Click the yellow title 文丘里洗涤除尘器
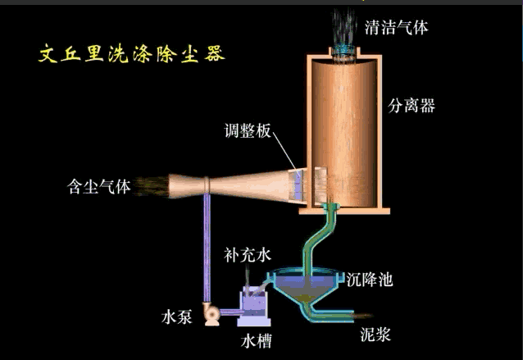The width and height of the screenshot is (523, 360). coord(132,55)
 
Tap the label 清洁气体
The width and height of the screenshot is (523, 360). coord(396,26)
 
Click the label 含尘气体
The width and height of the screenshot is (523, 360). coord(98,186)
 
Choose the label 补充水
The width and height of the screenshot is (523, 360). coord(247,255)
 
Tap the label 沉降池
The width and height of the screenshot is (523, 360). coord(370,280)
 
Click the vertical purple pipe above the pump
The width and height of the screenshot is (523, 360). coord(207,246)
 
